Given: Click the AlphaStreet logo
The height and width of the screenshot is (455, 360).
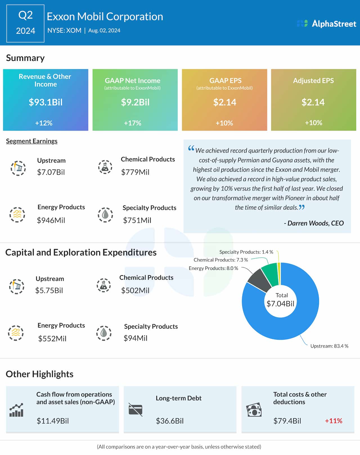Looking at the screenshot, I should click(x=326, y=24).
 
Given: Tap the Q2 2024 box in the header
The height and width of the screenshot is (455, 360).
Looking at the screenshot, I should click(x=25, y=23).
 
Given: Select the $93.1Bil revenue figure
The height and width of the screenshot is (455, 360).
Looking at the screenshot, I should click(x=46, y=102).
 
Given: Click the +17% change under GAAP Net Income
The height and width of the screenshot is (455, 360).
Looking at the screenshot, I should click(x=132, y=123).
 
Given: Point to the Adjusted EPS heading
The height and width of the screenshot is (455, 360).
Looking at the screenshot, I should click(x=313, y=80).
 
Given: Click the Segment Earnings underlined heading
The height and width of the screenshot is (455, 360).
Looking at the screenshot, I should click(x=32, y=141).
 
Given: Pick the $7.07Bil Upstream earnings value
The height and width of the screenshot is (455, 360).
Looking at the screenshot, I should click(x=51, y=172).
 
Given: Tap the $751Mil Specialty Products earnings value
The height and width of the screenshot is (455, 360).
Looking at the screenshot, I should click(x=137, y=220).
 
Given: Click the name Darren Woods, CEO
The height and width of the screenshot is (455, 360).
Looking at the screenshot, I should click(x=314, y=223).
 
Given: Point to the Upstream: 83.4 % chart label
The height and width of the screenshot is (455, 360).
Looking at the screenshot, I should click(x=329, y=346).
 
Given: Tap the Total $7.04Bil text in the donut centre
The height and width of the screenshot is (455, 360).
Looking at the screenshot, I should click(x=280, y=300).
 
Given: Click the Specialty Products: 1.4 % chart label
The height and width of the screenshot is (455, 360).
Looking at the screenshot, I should click(x=246, y=252).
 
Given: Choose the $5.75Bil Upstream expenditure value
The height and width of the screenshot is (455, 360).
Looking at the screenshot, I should click(x=49, y=290).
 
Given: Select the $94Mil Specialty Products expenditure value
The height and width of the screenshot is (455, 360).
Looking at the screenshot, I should click(x=135, y=338).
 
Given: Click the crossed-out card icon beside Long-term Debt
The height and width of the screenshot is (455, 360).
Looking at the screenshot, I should click(x=135, y=409).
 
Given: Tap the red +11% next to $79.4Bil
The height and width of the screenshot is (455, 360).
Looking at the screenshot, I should click(x=333, y=421).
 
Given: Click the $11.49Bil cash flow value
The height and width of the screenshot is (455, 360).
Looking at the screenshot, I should click(x=53, y=421).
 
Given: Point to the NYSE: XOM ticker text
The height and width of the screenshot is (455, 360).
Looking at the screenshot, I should click(x=64, y=30).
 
